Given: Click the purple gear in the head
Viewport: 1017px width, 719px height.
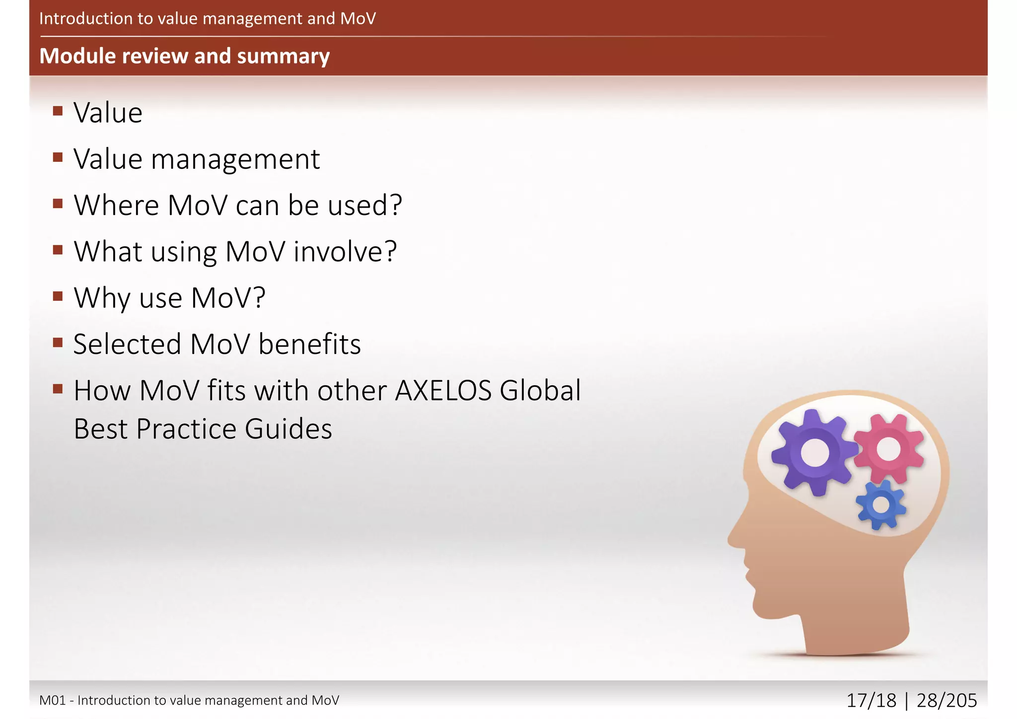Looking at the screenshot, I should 814,452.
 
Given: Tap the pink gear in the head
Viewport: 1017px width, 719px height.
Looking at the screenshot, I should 889,449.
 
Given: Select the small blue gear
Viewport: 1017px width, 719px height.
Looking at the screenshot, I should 881,505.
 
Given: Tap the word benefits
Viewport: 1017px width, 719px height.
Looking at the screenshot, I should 309,344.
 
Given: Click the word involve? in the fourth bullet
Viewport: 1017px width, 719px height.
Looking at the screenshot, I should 345,252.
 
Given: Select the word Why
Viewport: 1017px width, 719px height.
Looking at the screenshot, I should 103,298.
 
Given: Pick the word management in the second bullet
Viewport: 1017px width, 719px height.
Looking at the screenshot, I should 235,159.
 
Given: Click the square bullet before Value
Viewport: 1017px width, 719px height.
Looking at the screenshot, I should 58,111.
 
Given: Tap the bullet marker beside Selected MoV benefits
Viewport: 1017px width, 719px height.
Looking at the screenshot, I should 58,342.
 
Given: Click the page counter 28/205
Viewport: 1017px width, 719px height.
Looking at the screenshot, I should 946,701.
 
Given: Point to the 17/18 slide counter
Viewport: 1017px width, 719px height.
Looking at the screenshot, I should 871,701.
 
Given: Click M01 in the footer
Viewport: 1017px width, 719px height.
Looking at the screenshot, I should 53,701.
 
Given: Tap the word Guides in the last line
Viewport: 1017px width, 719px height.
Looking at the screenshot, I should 288,429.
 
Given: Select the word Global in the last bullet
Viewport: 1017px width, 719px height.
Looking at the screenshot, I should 540,390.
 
